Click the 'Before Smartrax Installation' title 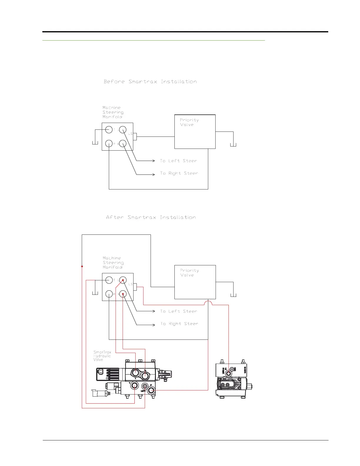150,81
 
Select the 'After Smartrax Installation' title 151,217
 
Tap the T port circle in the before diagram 109,129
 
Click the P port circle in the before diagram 109,144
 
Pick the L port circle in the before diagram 123,129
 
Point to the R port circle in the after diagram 123,294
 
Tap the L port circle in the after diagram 123,280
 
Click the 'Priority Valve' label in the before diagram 189,122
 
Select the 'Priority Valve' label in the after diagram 189,273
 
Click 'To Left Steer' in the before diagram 178,161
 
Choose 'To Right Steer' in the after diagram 179,324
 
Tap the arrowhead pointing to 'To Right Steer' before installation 154,174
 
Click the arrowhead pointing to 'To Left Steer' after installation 154,311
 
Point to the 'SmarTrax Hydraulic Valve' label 102,356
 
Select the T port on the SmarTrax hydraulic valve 135,385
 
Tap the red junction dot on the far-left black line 82,267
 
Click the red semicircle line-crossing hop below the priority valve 208,303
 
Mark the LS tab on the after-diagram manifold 135,287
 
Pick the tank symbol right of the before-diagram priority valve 233,144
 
